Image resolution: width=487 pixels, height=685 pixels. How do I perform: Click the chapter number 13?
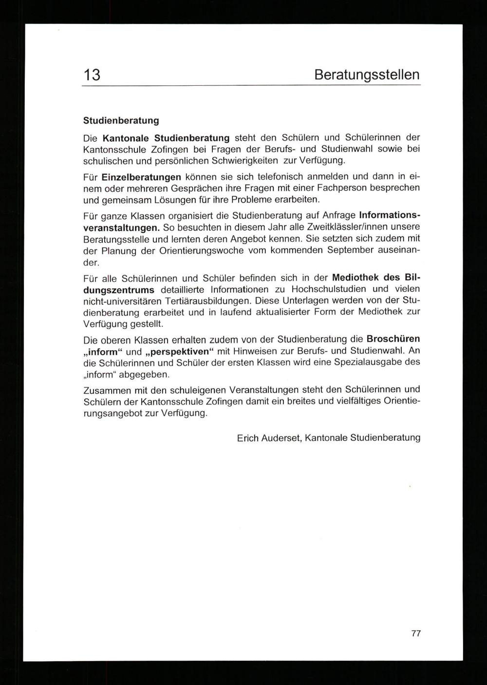(92, 75)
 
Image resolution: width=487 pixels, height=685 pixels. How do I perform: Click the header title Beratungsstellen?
(367, 75)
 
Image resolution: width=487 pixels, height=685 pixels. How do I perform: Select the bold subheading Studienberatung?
(121, 120)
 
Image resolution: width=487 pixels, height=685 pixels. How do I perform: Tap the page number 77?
(416, 633)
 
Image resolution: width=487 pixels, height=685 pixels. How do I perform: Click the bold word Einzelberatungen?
(141, 176)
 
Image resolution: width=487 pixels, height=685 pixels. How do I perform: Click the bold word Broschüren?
(393, 339)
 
